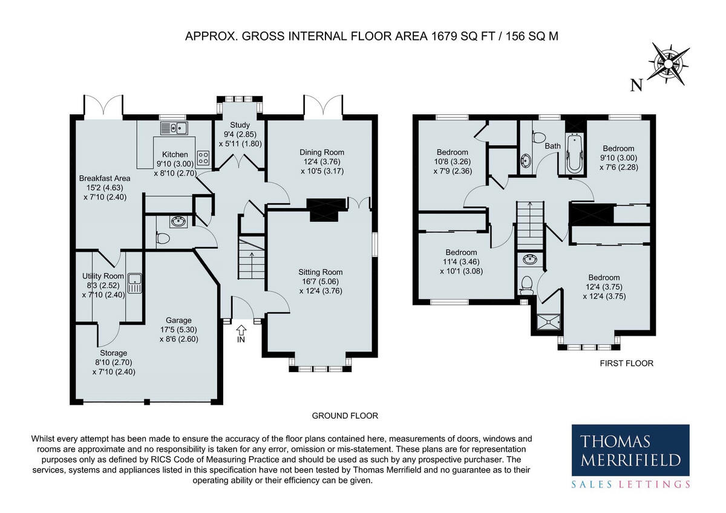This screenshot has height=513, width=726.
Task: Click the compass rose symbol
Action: point(669,64)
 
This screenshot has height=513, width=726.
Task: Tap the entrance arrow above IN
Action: point(241,330)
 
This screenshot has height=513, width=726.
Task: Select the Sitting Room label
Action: point(321,272)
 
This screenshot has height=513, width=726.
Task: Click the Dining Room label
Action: point(322,152)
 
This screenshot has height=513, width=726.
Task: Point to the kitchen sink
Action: point(174,128)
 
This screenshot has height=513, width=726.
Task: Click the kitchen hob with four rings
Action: point(203,158)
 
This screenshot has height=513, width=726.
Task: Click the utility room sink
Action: point(134,284)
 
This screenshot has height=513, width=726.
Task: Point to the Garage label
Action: point(178,320)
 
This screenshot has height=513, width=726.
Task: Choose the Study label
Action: point(240,125)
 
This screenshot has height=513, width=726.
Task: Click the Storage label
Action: point(114,353)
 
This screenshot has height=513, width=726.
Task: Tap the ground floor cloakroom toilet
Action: point(163,238)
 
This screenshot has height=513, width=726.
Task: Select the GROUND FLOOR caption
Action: point(345,416)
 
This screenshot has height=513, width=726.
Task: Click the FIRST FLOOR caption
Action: point(627,364)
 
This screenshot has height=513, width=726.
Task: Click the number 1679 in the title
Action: point(443,36)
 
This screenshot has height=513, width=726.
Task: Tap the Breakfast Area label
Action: point(105,178)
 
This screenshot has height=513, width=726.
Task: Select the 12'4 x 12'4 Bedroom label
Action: point(604,287)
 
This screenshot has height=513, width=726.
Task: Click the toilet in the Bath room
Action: point(537,137)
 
